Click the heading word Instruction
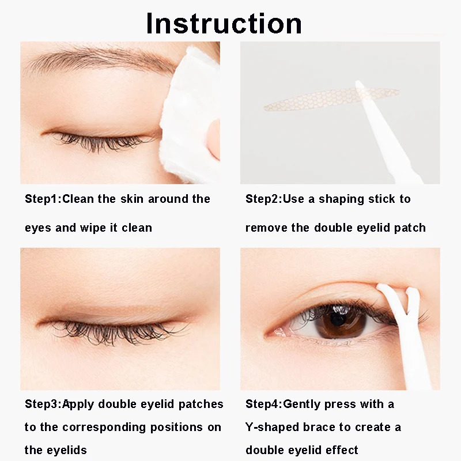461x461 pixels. coord(224,23)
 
